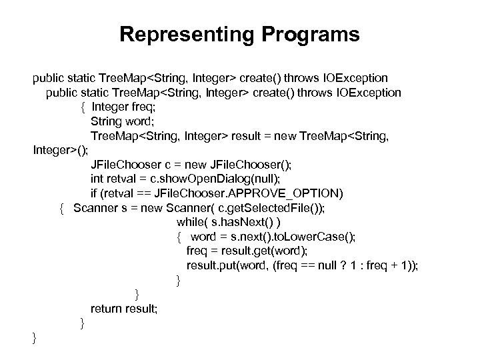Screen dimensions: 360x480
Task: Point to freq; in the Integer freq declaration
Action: tap(139, 107)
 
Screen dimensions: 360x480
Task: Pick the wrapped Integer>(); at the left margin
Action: tap(61, 151)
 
